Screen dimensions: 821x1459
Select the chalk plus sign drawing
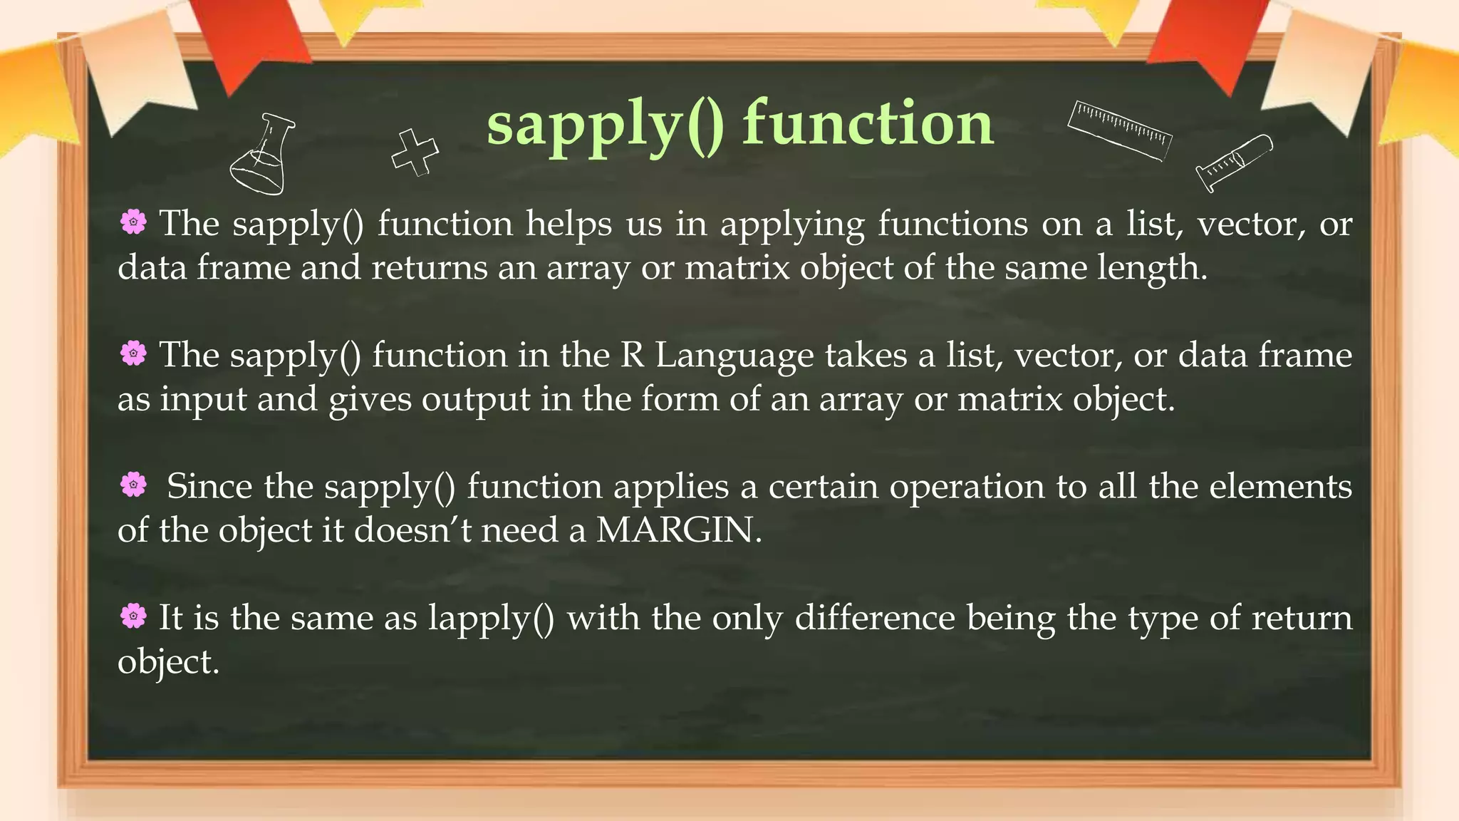415,152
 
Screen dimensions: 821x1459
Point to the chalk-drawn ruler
1119,130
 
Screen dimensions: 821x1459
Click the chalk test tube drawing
1233,162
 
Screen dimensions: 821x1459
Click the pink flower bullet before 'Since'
133,485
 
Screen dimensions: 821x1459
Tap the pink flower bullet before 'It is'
133,616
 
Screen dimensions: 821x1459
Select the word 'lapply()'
491,618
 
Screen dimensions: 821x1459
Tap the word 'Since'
209,487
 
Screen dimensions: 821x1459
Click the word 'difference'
874,617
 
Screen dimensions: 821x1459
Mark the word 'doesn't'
412,530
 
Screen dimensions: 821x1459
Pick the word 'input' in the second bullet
203,400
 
